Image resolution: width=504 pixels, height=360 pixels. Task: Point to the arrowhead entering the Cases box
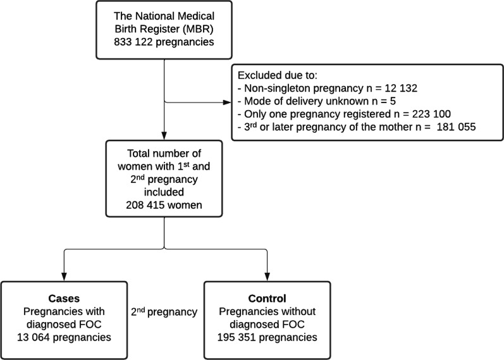coord(63,276)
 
